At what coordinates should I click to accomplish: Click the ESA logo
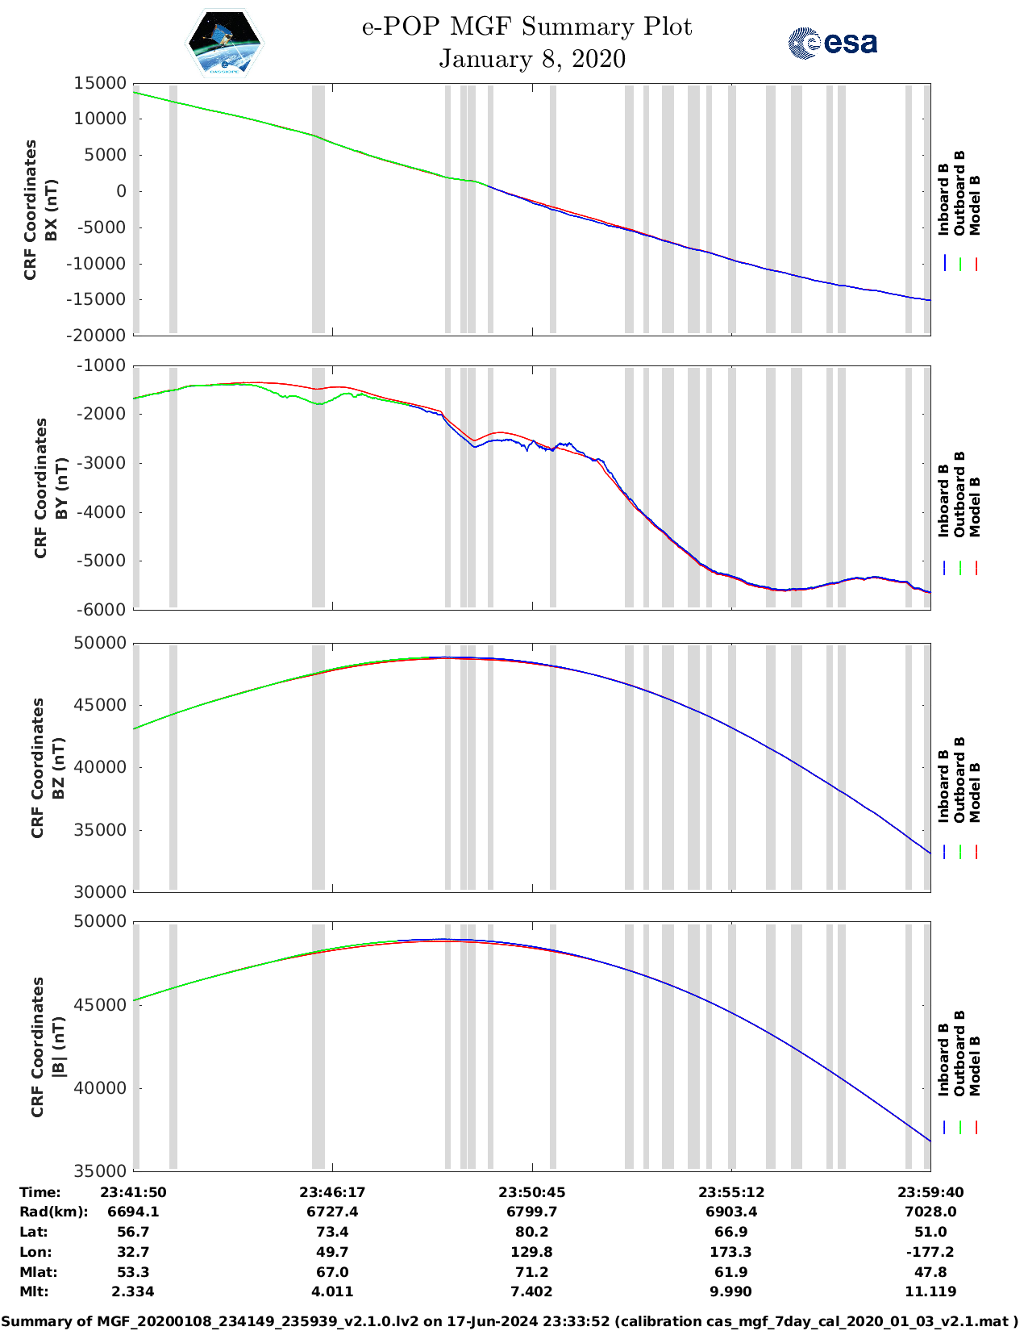coord(832,43)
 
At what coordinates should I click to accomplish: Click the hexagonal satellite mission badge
coord(224,43)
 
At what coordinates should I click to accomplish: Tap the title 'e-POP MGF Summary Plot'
coord(526,27)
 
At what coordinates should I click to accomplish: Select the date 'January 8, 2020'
coord(532,59)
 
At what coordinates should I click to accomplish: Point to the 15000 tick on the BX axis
coord(100,83)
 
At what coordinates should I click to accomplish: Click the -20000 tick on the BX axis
coord(98,336)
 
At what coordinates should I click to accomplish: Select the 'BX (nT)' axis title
coord(52,210)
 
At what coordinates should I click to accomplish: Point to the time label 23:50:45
coord(531,1192)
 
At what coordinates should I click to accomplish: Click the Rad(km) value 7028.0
coord(930,1212)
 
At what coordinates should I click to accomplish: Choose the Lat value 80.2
coord(531,1232)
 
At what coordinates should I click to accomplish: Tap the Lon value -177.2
coord(930,1252)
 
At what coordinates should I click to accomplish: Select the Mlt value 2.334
coord(133,1291)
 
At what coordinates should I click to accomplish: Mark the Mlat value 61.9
coord(731,1272)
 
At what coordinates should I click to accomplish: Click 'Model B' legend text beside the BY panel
coord(975,507)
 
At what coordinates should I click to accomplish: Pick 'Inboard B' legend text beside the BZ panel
coord(944,786)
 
